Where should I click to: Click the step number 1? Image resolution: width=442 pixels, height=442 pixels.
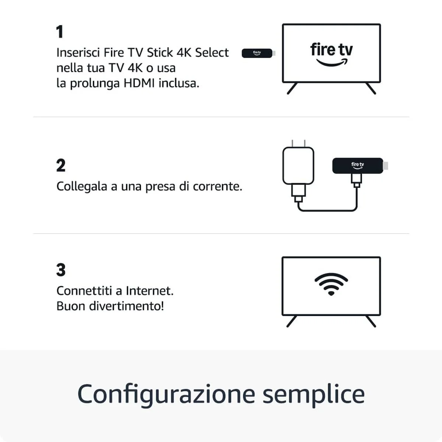tap(60, 32)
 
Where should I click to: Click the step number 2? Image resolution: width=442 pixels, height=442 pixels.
tap(61, 166)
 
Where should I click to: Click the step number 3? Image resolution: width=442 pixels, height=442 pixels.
tap(61, 270)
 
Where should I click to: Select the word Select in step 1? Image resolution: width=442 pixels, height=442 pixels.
tap(212, 53)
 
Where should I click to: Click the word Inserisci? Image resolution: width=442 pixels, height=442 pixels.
tap(78, 53)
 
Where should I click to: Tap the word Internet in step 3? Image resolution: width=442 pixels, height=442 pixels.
tap(149, 291)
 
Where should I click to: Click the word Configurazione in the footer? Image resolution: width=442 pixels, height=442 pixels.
tap(166, 394)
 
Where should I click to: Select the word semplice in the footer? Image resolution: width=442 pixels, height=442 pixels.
tap(313, 394)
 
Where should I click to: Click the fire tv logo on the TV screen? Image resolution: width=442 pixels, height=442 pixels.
tap(331, 54)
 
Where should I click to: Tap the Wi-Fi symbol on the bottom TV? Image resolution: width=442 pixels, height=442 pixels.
tap(331, 284)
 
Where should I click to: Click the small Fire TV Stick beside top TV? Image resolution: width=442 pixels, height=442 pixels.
tap(257, 53)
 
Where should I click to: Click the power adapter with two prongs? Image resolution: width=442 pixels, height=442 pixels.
tap(298, 165)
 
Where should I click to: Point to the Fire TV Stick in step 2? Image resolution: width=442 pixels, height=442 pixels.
tap(357, 165)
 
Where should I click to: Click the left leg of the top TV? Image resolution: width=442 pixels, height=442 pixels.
tap(292, 88)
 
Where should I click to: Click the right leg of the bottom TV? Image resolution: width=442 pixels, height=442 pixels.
tap(371, 321)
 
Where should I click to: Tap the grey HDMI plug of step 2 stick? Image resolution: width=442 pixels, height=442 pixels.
tap(386, 166)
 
